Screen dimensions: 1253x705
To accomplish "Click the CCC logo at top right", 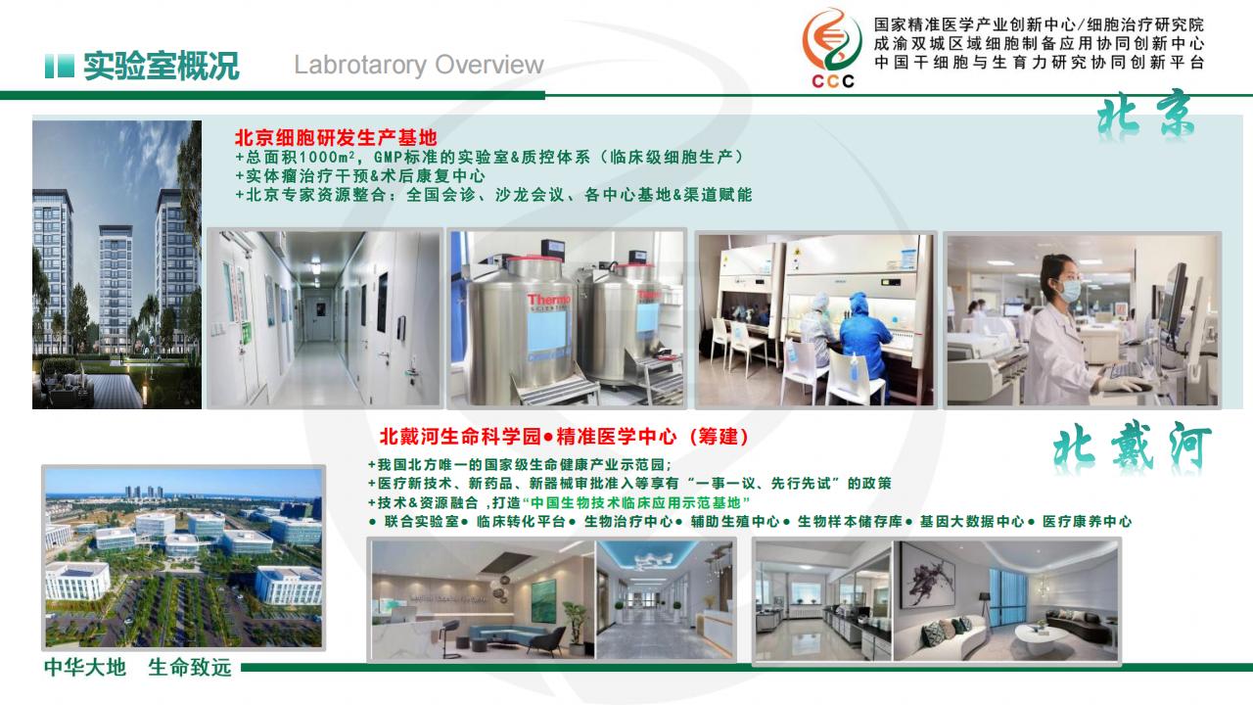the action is tap(832, 48).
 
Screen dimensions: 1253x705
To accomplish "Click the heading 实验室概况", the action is tap(162, 66).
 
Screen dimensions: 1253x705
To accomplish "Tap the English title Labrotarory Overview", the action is tap(419, 65).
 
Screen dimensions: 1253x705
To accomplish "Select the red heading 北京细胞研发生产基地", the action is tap(336, 138).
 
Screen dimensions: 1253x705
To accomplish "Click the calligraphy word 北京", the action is tap(1145, 116).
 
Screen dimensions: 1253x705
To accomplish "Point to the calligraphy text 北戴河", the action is tap(1133, 447).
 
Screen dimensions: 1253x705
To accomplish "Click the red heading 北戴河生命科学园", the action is tap(460, 437).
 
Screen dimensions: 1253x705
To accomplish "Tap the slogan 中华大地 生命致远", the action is tap(138, 667).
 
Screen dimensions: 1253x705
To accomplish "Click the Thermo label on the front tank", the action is tap(549, 301).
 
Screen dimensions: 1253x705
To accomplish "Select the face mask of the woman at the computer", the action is tap(1070, 291).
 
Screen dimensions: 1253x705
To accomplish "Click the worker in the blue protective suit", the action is tap(863, 343).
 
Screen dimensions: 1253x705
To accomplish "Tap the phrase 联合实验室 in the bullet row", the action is tap(421, 522).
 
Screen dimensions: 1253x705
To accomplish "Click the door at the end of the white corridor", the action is tap(320, 316).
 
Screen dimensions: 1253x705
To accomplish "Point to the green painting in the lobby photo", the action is tap(543, 600).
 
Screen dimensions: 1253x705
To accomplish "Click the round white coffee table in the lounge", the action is tap(1041, 635).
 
